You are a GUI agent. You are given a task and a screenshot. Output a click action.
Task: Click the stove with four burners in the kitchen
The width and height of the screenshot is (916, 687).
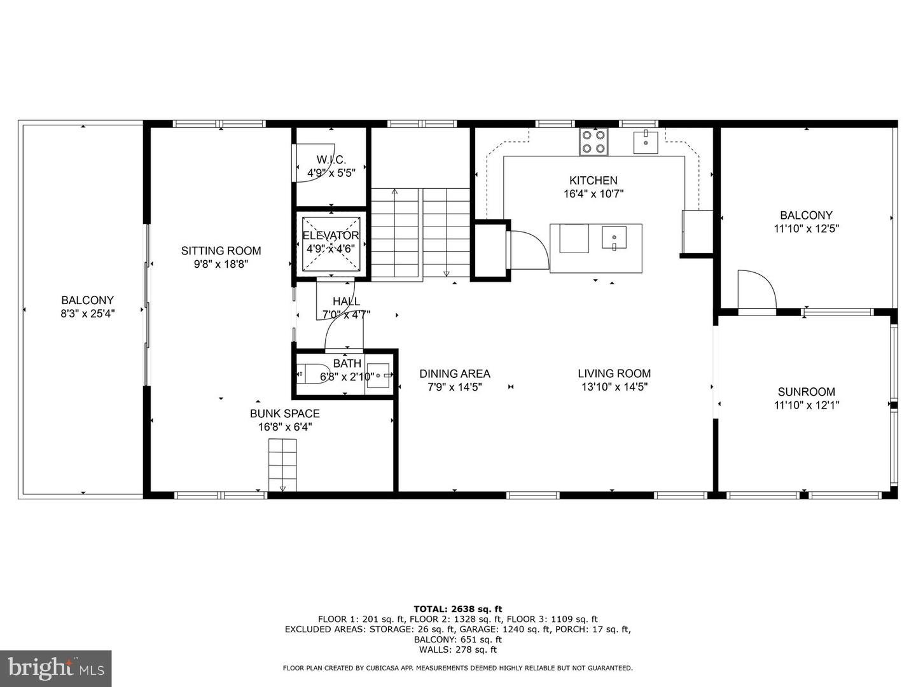pyautogui.click(x=593, y=141)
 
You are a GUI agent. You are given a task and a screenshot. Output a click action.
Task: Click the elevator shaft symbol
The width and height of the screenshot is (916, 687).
pyautogui.click(x=330, y=244)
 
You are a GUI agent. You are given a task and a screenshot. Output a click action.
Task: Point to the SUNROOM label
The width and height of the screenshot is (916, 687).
pyautogui.click(x=806, y=392)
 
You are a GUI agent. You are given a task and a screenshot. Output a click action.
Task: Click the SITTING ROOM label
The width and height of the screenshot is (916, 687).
pyautogui.click(x=221, y=251)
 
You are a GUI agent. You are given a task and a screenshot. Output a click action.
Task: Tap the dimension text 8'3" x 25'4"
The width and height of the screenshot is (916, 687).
pyautogui.click(x=88, y=313)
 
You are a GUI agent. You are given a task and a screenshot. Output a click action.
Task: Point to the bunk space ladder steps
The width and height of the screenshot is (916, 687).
pyautogui.click(x=282, y=464)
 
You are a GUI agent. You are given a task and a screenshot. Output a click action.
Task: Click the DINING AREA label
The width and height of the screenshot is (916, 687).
pyautogui.click(x=454, y=373)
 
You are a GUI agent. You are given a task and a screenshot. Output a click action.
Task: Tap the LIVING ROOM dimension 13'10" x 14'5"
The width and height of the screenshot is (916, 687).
pyautogui.click(x=614, y=387)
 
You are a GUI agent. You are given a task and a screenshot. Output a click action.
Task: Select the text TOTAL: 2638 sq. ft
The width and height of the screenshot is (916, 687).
pyautogui.click(x=457, y=609)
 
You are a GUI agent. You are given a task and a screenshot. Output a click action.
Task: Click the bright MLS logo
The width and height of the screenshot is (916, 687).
pyautogui.click(x=56, y=668)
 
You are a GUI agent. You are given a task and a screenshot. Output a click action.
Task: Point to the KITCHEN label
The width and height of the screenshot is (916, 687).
pyautogui.click(x=593, y=181)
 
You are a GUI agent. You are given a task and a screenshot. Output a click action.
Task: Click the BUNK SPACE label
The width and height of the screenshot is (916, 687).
pyautogui.click(x=284, y=413)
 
